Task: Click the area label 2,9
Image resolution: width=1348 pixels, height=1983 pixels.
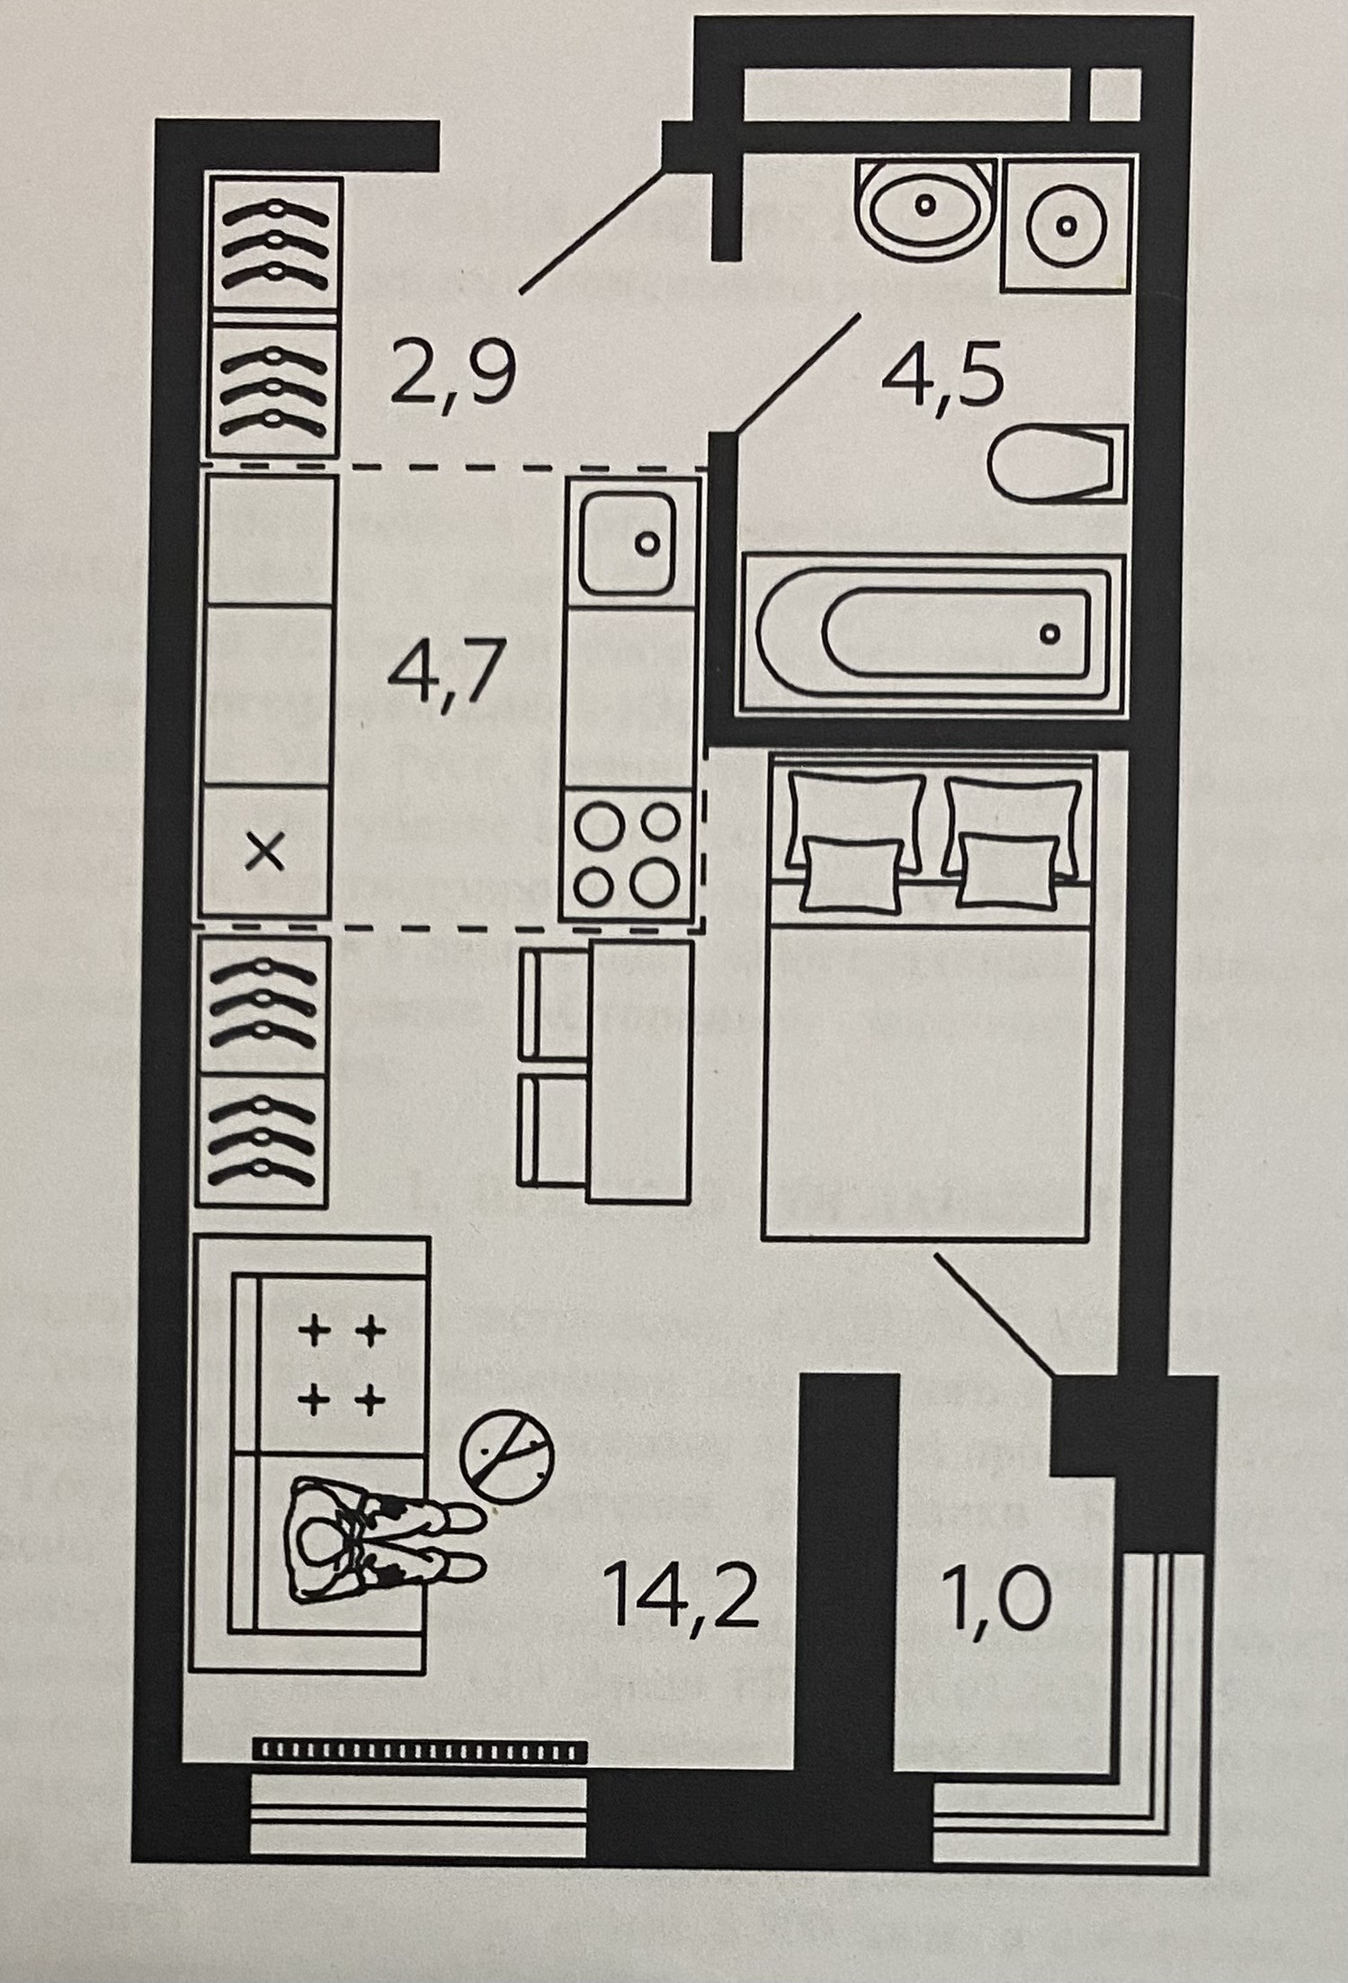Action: tap(454, 376)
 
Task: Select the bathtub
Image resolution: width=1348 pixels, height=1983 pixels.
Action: tap(932, 634)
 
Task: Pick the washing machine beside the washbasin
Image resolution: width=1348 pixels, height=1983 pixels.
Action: tap(1066, 224)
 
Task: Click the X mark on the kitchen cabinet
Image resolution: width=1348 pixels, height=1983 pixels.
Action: tap(265, 852)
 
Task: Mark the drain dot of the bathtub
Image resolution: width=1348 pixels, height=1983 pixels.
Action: tap(1049, 634)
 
